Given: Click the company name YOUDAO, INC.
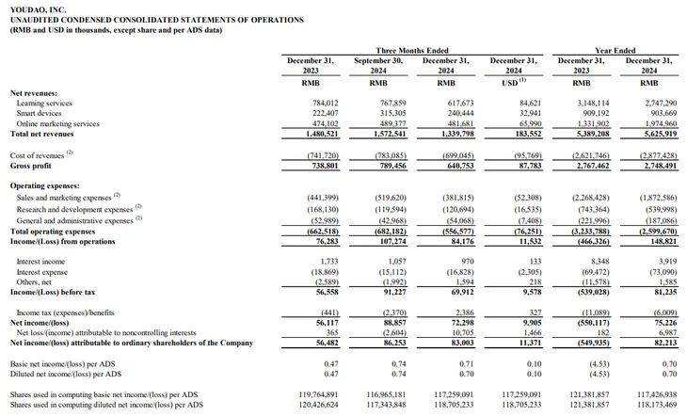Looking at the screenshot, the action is click(x=39, y=9).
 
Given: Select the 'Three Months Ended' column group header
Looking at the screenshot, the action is click(x=412, y=51).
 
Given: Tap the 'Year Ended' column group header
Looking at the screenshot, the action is click(x=615, y=51).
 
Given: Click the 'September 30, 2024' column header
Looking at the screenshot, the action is click(x=378, y=65).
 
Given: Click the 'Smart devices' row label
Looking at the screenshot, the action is click(x=39, y=113).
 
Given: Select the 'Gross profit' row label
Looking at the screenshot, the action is click(x=31, y=166).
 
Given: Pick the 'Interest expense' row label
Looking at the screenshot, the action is click(x=42, y=272).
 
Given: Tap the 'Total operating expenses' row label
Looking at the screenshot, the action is click(x=53, y=231).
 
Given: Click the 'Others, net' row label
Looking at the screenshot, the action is click(x=34, y=281).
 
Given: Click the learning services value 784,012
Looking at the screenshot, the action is click(x=325, y=103).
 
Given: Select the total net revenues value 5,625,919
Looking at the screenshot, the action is click(x=661, y=134).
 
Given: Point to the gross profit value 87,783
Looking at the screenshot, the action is click(x=530, y=166).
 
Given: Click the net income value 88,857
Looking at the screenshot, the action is click(x=394, y=323).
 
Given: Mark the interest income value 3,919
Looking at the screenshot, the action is click(x=668, y=262).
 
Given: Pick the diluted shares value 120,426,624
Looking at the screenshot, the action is click(x=318, y=405).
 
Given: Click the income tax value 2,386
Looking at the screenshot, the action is click(x=464, y=312).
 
